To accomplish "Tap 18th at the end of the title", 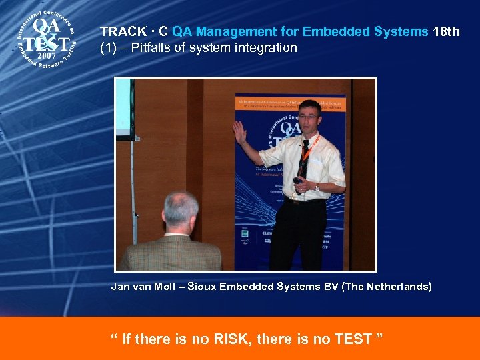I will [446, 31].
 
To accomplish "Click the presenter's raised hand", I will [239, 131].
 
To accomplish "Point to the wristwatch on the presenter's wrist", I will [316, 187].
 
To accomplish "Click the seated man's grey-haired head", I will [180, 210].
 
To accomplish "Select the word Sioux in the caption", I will [202, 287].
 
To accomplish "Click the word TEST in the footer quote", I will [353, 339].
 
